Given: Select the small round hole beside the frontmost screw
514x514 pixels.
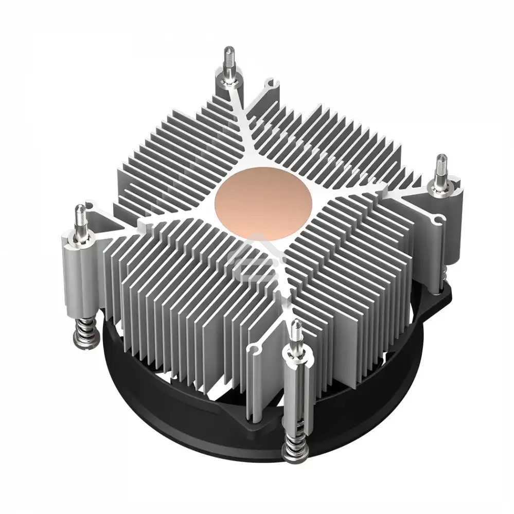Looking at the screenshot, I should pos(253,351).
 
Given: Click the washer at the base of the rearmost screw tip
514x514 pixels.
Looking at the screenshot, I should pos(228,77).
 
